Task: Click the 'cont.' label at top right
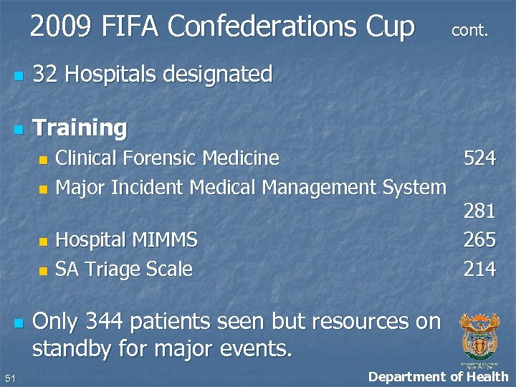coord(469,31)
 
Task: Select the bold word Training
coord(80,128)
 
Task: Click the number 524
coord(479,158)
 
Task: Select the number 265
coord(479,239)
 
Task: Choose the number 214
coord(479,269)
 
